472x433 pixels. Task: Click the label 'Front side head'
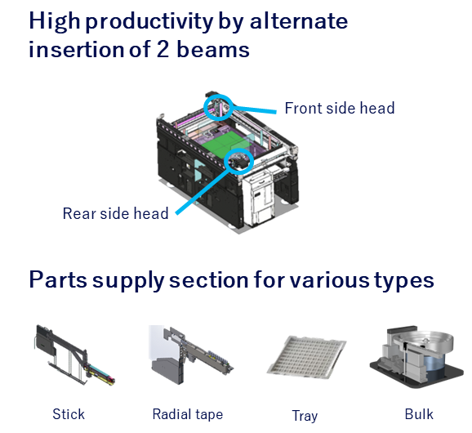click(x=340, y=108)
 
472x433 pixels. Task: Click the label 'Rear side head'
click(x=115, y=213)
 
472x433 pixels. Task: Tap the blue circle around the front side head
click(x=205, y=108)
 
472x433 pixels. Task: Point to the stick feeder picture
click(x=74, y=355)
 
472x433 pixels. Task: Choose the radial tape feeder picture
click(x=190, y=355)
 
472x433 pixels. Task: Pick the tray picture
click(x=306, y=356)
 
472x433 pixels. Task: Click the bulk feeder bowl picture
click(x=416, y=356)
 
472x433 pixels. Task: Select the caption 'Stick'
click(x=69, y=414)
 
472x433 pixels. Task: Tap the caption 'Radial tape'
click(x=188, y=414)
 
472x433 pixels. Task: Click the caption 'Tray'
click(x=305, y=416)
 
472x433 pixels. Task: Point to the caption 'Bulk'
click(x=419, y=414)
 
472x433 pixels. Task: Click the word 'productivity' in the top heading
click(x=149, y=22)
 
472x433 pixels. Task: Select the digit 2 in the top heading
click(x=163, y=49)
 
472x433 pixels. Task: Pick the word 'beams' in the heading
click(x=213, y=49)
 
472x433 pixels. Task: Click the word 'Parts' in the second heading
click(x=58, y=279)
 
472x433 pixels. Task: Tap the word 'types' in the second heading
click(x=404, y=281)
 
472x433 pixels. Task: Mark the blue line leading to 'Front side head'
click(x=255, y=109)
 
